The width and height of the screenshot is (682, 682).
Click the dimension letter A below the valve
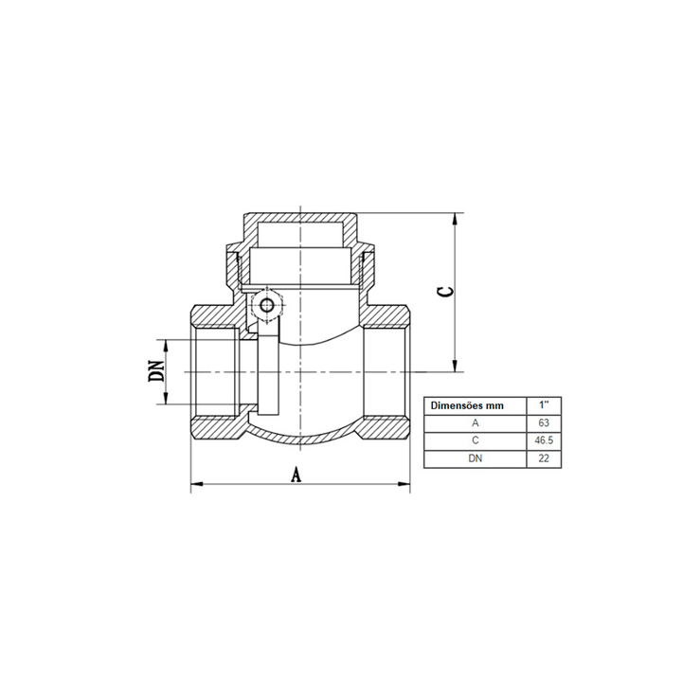point(296,475)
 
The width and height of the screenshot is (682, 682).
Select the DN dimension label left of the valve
point(156,371)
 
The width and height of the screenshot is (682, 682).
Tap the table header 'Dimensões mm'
point(467,405)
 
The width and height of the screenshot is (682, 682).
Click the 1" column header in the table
point(544,405)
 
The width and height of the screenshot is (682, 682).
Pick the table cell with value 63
point(544,422)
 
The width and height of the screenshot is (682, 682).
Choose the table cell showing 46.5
point(544,440)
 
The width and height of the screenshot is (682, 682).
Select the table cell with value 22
point(544,458)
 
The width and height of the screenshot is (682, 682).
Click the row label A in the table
point(475,422)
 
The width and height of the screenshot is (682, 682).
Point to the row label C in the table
point(475,440)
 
